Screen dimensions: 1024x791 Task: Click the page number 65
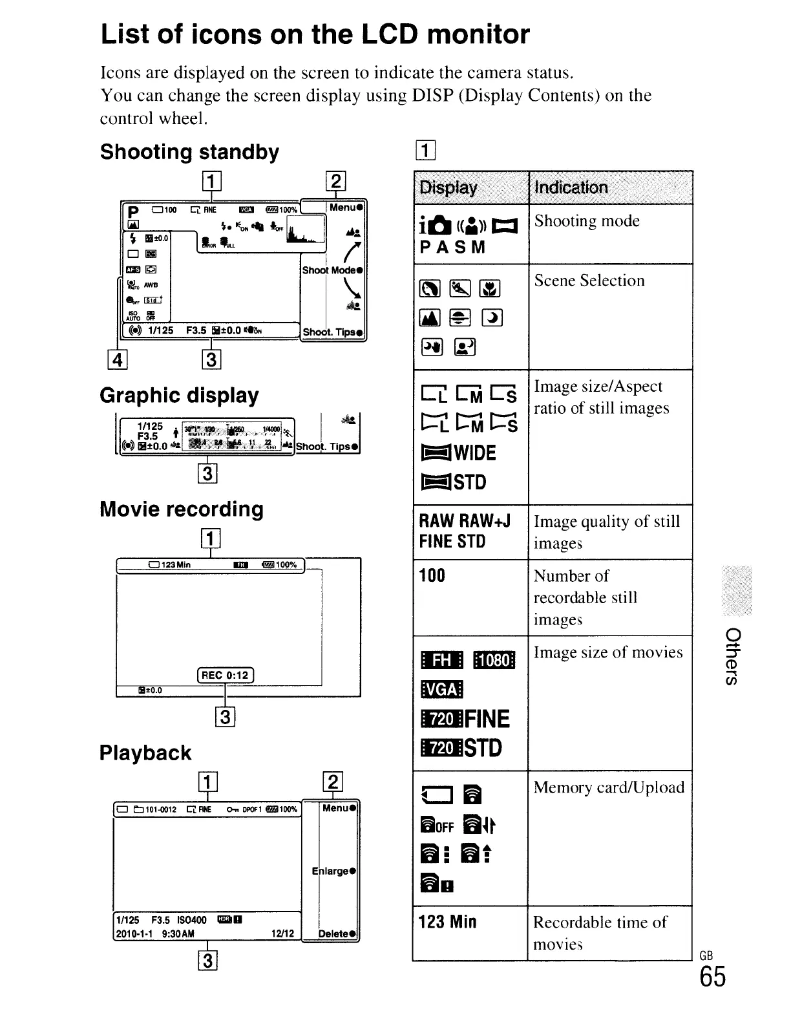tap(712, 977)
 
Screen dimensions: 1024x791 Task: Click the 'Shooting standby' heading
tap(189, 152)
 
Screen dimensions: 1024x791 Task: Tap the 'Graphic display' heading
tap(179, 395)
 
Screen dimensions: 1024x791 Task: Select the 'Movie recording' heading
tap(182, 509)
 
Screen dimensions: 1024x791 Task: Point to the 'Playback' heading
tap(145, 753)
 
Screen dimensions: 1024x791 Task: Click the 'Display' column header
tap(448, 187)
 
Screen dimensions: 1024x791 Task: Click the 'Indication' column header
tap(571, 187)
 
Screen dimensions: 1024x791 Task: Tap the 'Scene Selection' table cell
tap(589, 281)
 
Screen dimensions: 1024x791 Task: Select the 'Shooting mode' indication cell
tap(586, 221)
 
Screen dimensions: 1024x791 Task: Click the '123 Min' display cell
tap(447, 921)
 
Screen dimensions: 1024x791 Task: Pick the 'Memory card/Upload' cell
tap(608, 787)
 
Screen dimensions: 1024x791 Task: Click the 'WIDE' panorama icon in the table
tap(458, 453)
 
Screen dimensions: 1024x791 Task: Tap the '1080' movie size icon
tap(494, 660)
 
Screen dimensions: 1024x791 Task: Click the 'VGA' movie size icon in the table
tap(441, 689)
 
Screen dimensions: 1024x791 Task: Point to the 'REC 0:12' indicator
tap(225, 676)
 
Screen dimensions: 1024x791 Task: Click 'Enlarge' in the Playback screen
tap(334, 871)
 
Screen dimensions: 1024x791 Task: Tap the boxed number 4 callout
tap(118, 359)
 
